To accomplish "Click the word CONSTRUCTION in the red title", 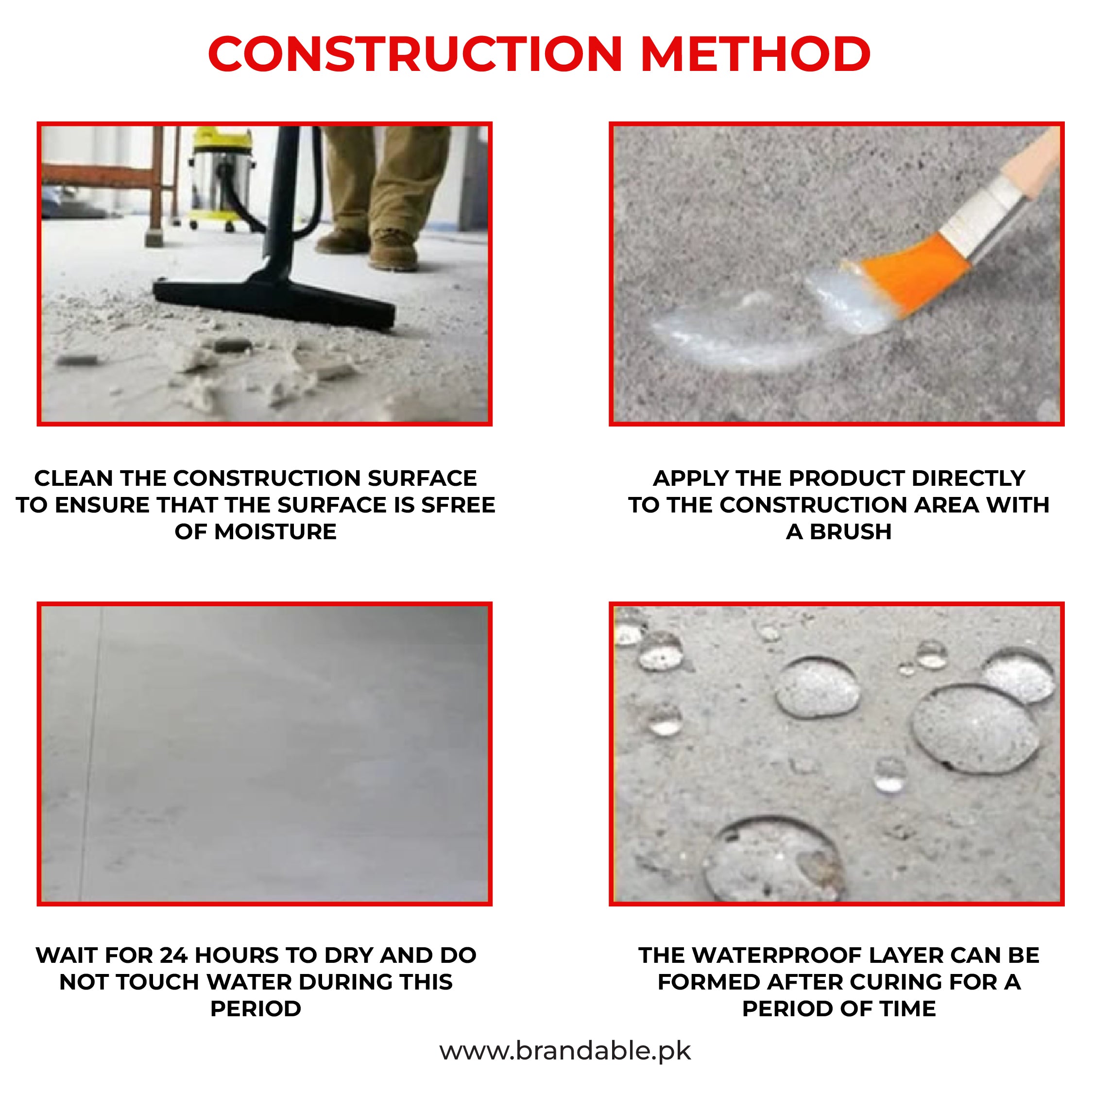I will pos(415,54).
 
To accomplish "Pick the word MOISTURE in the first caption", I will pos(275,532).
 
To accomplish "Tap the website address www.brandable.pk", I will pos(564,1051).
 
